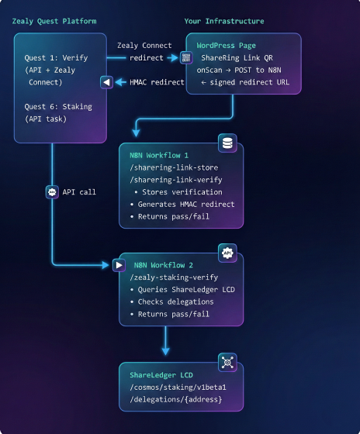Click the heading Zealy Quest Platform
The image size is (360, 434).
coord(54,21)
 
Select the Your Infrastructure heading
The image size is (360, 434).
coord(223,21)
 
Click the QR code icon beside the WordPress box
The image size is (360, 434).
coord(186,57)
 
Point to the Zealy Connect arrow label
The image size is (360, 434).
coord(144,46)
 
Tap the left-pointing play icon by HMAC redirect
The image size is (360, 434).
coord(107,82)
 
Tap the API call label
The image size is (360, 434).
coord(79,191)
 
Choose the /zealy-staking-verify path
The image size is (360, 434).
coord(174,277)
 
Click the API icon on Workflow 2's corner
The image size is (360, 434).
coord(227,252)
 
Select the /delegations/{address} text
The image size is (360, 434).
coord(176,399)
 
